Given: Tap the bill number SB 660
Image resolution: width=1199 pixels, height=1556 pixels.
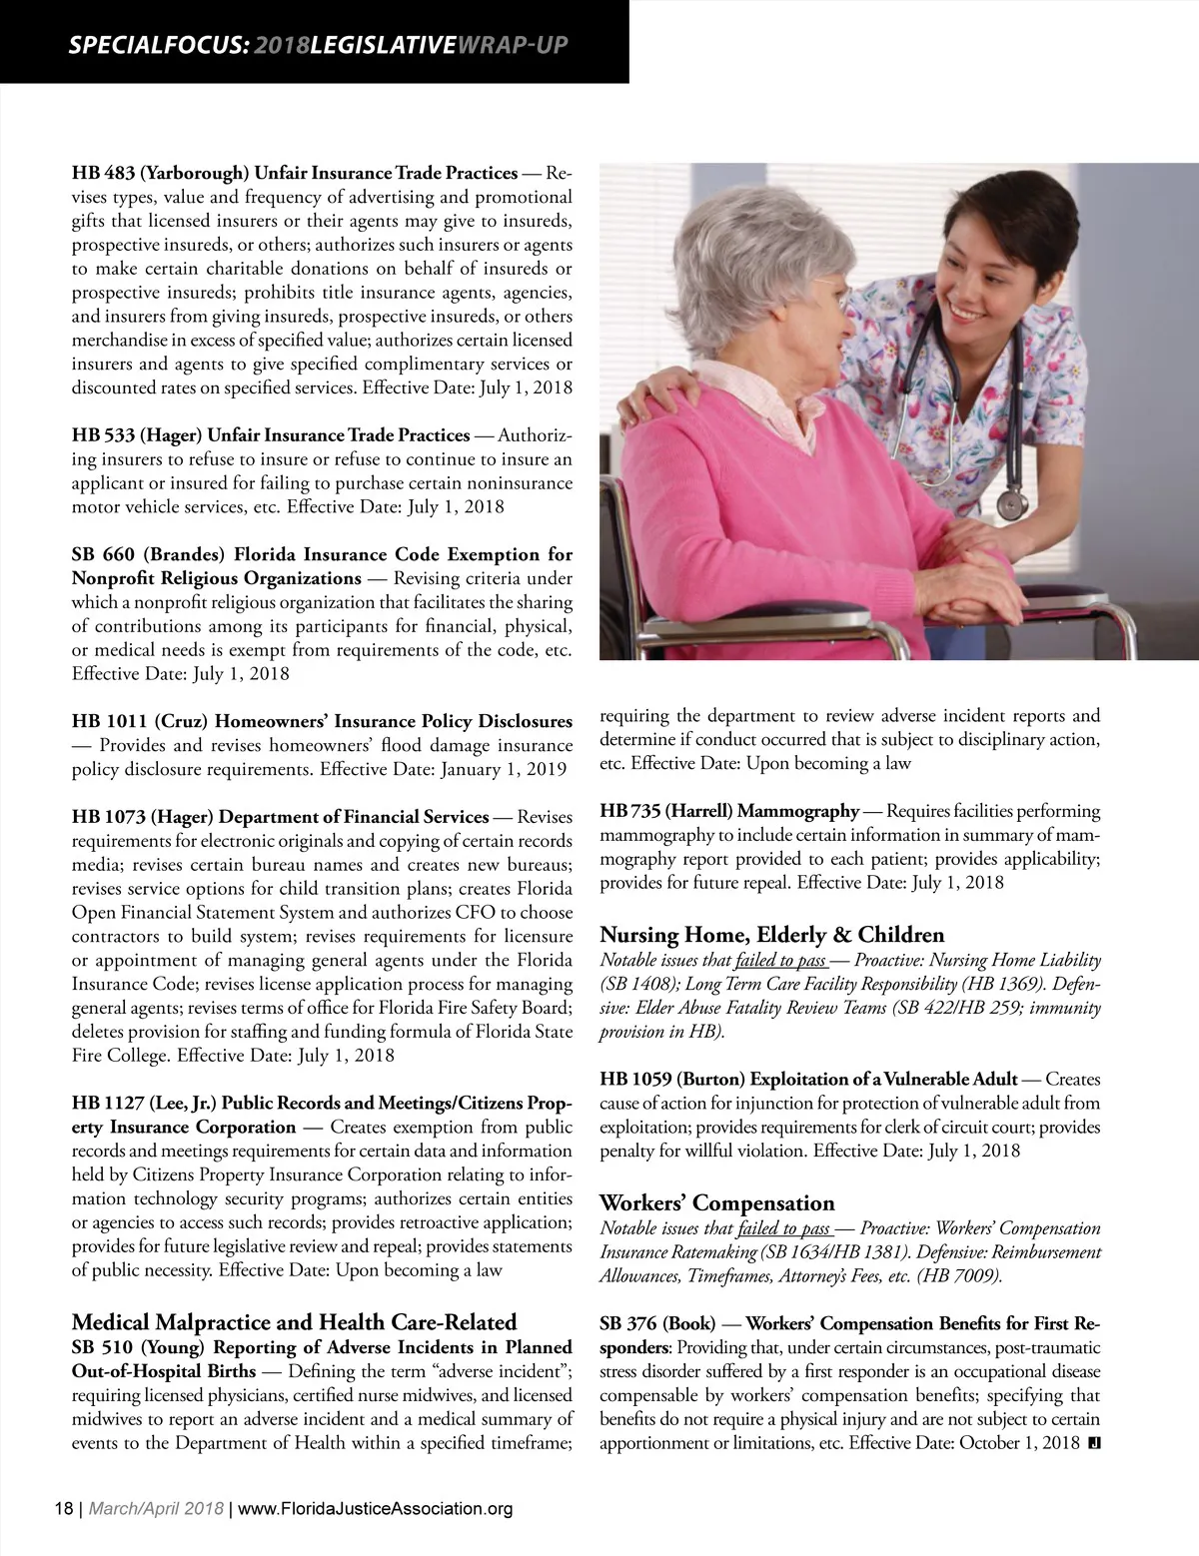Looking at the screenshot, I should coord(100,554).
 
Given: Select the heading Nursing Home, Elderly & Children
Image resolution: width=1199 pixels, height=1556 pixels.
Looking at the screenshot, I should coord(771,935).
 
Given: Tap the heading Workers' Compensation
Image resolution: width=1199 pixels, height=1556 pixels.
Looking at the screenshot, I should coord(715,1202).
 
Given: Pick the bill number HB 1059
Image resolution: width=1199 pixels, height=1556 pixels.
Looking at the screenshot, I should coord(635,1080).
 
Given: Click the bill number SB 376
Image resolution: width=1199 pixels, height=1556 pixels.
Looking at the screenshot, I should coord(627,1324).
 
